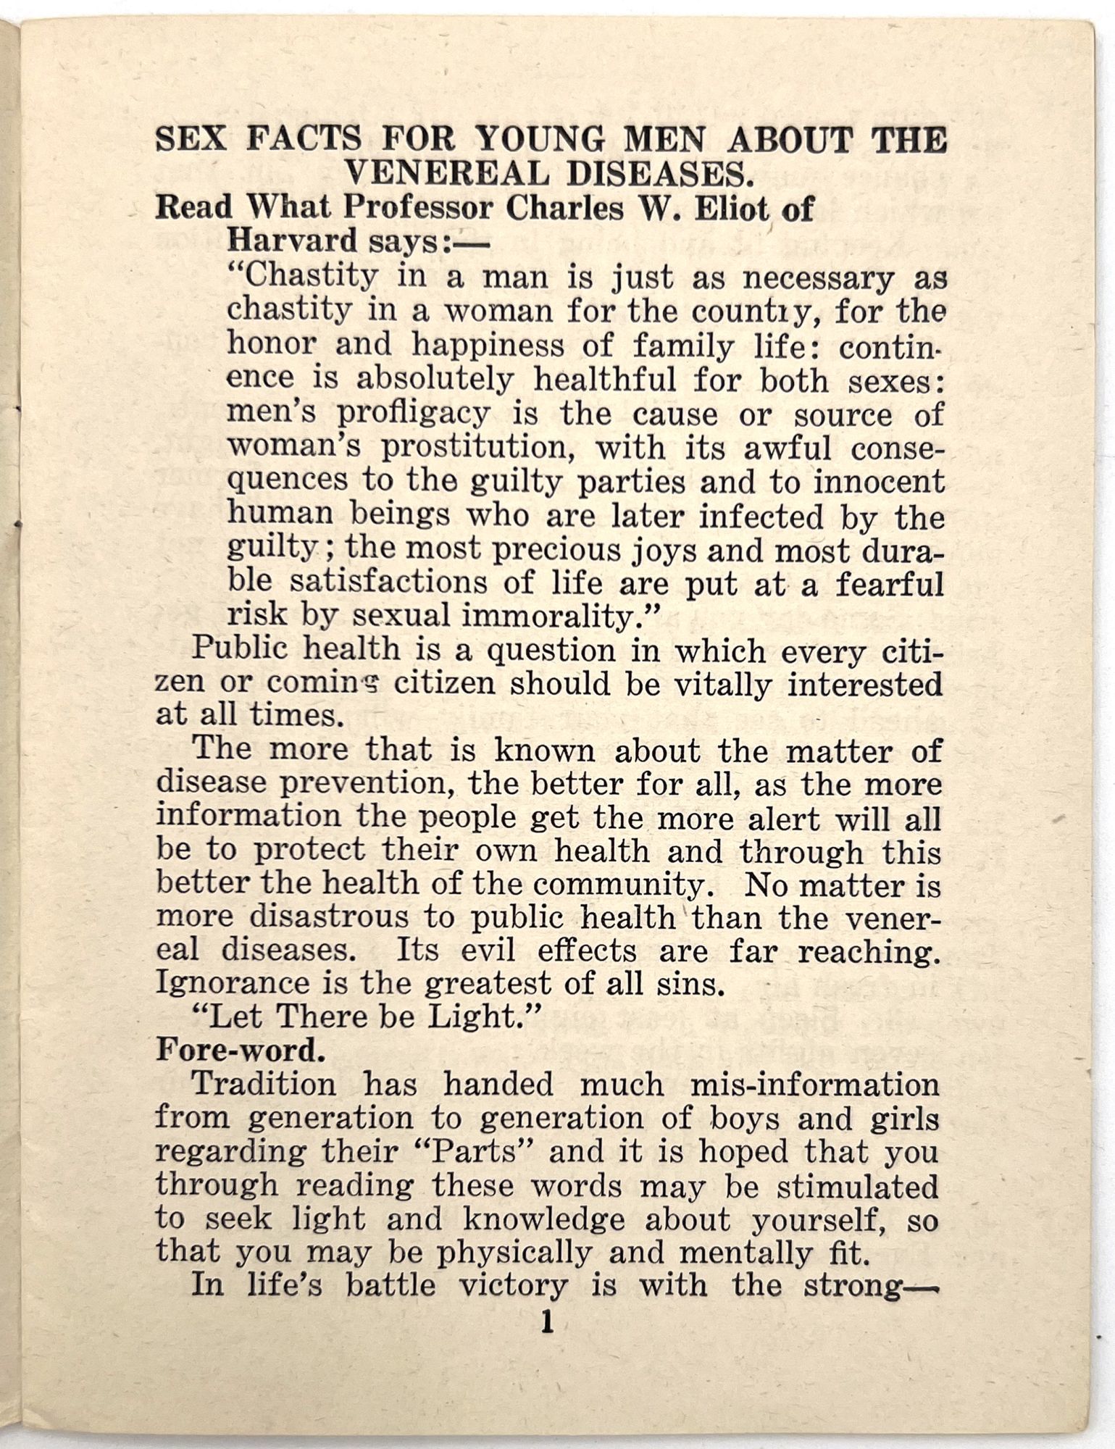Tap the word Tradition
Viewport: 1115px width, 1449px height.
(264, 1085)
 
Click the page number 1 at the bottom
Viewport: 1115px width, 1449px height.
(547, 1324)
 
